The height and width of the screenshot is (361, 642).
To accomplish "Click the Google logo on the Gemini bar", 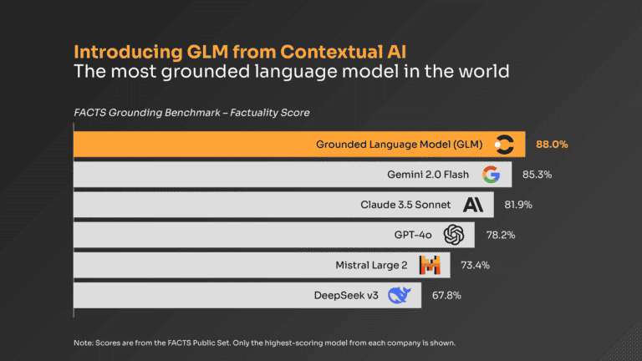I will click(x=491, y=175).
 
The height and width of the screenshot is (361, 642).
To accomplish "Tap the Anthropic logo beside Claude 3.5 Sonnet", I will click(x=473, y=205).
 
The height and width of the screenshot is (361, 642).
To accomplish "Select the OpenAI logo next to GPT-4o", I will click(x=454, y=235).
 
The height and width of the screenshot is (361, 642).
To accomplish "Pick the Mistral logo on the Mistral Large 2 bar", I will click(x=430, y=265).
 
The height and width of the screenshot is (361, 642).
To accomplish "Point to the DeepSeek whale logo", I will click(x=400, y=295).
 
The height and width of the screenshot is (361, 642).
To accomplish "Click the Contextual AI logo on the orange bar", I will click(x=504, y=145).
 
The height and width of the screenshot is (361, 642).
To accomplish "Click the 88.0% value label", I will click(x=552, y=145).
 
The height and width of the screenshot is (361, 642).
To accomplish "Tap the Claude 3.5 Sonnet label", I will click(x=405, y=205).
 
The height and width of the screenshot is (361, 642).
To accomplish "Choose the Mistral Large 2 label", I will click(x=370, y=265).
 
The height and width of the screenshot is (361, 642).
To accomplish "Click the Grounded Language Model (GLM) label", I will click(x=400, y=145).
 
